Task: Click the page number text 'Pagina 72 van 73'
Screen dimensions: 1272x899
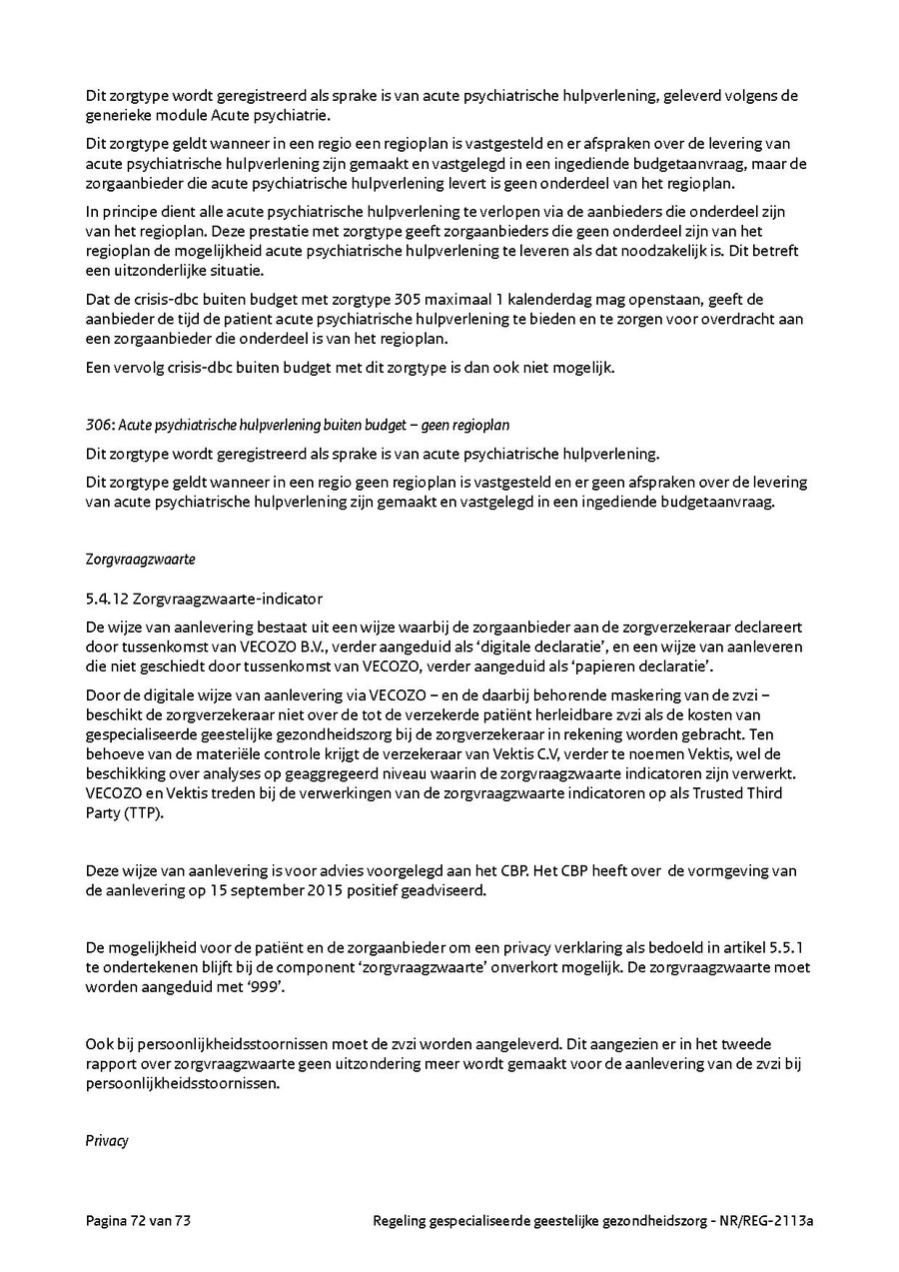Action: coord(146,1220)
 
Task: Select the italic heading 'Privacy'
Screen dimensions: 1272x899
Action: coord(107,1140)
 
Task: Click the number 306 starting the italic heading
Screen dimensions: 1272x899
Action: coord(96,425)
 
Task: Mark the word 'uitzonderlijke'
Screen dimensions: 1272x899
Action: coord(153,271)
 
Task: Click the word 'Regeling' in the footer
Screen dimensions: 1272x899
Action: coord(398,1220)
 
